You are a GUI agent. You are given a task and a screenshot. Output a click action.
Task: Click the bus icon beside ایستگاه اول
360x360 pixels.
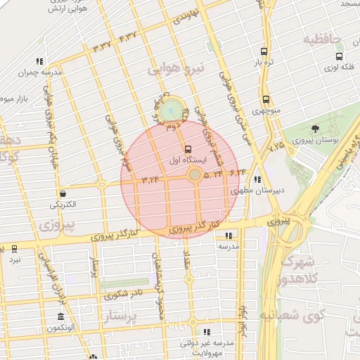[x=187, y=149]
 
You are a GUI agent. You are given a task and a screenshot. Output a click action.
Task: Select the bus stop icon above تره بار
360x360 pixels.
[x=264, y=51]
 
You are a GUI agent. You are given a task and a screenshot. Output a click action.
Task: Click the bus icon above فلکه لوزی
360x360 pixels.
[x=340, y=57]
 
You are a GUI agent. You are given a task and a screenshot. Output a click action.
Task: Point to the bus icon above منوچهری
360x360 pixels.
[x=266, y=99]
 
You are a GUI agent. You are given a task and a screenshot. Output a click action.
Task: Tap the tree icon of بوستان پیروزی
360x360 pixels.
[x=314, y=129]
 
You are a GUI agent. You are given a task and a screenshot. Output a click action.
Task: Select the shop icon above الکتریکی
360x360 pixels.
[x=63, y=193]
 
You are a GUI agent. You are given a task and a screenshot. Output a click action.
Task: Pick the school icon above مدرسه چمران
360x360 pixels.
[x=40, y=61]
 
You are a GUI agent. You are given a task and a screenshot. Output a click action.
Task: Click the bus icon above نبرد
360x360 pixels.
[x=14, y=249]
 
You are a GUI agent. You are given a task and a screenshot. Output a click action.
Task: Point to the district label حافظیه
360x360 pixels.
[x=321, y=39]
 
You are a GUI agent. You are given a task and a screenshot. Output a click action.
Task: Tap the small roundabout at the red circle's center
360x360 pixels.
[x=193, y=174]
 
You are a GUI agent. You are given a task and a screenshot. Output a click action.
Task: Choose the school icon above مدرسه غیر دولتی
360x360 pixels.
[x=207, y=332]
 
